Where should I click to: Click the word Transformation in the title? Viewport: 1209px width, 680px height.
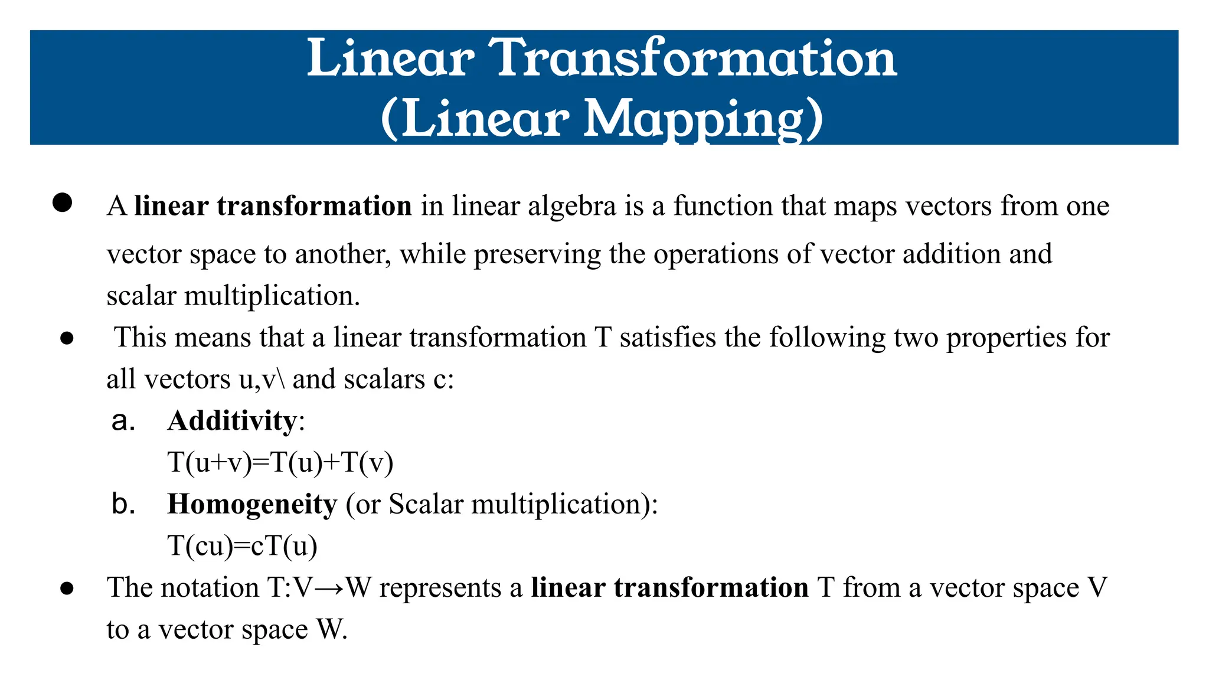[695, 58]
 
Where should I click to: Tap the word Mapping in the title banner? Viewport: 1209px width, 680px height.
[694, 119]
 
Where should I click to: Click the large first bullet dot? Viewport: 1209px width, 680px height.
[62, 202]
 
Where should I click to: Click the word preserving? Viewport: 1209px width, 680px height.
[537, 254]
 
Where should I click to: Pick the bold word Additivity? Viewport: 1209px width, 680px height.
[232, 421]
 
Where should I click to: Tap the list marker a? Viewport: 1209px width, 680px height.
[123, 421]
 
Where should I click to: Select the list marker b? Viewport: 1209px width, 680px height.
[123, 504]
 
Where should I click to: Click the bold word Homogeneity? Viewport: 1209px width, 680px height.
[252, 505]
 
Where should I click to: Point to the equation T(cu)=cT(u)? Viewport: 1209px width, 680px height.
[243, 546]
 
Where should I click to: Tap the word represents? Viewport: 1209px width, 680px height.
[440, 589]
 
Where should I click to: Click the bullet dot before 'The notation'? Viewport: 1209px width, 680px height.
[67, 588]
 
